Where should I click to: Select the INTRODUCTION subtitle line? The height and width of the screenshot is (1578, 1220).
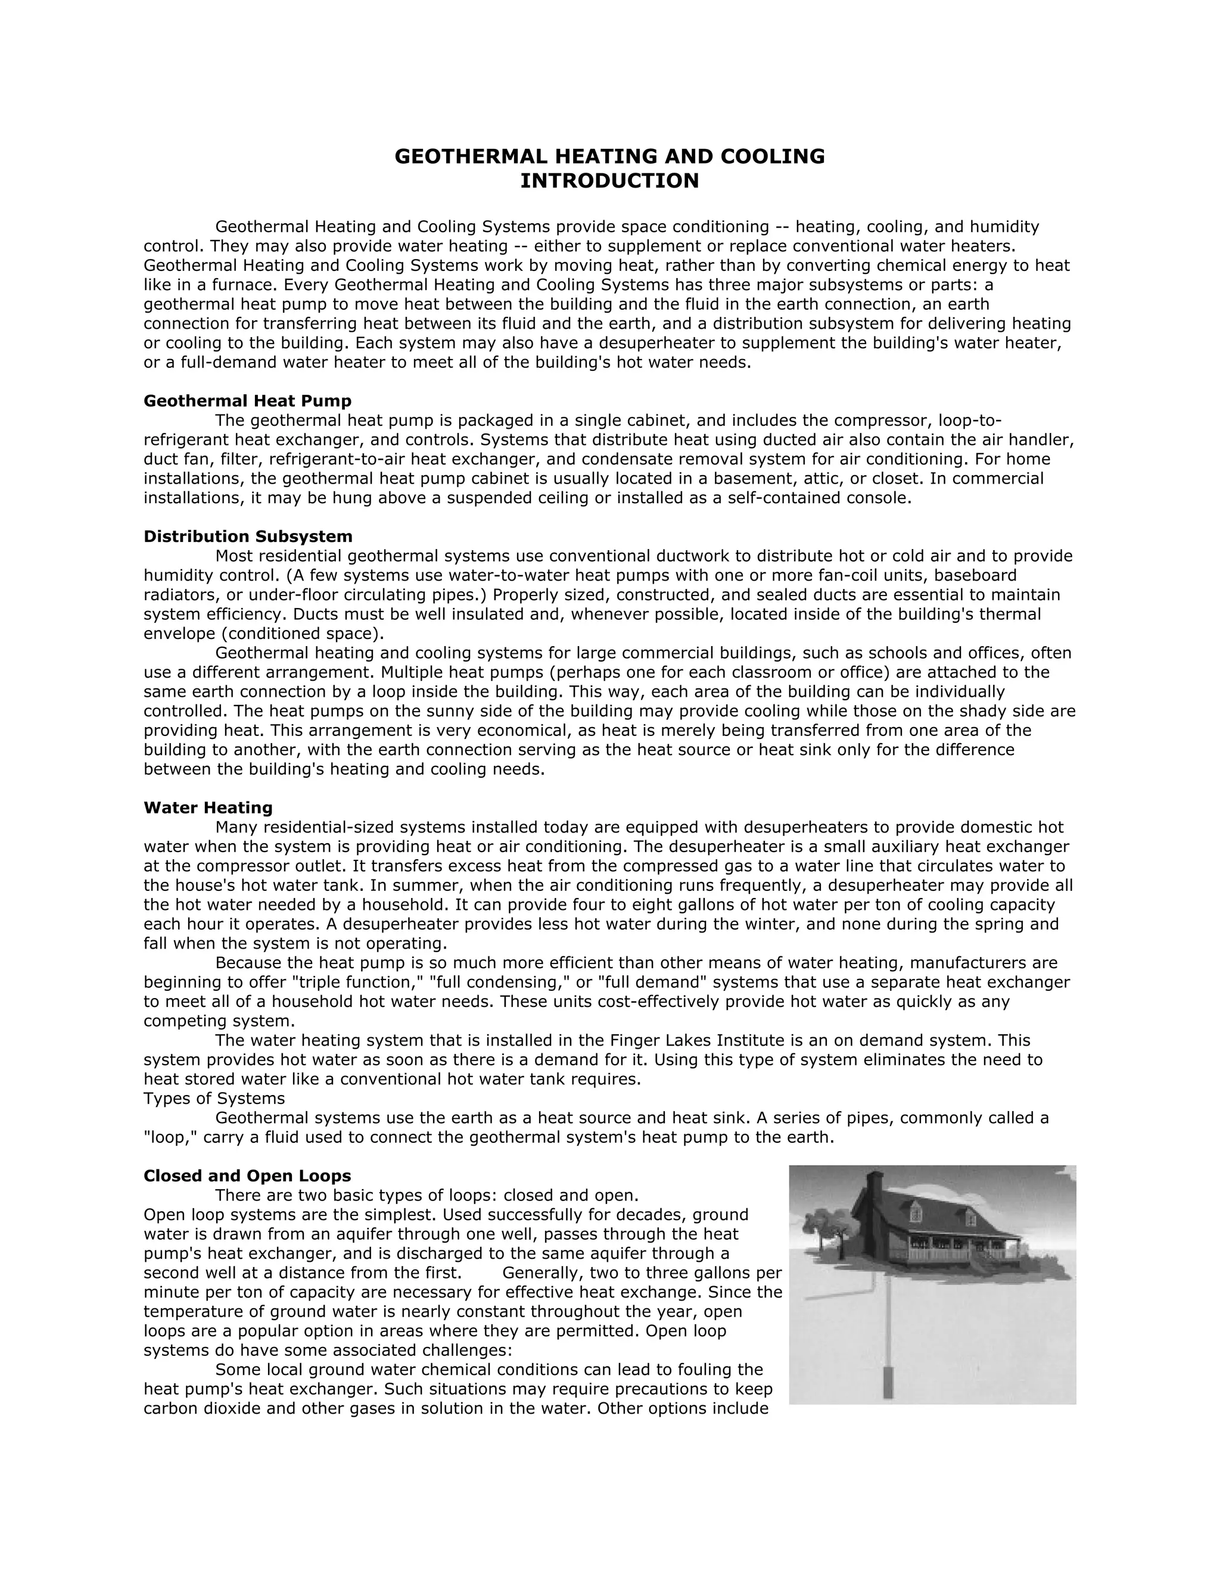pos(609,180)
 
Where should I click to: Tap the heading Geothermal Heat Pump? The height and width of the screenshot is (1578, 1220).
pos(247,401)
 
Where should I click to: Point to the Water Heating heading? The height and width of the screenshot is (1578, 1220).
pos(208,808)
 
